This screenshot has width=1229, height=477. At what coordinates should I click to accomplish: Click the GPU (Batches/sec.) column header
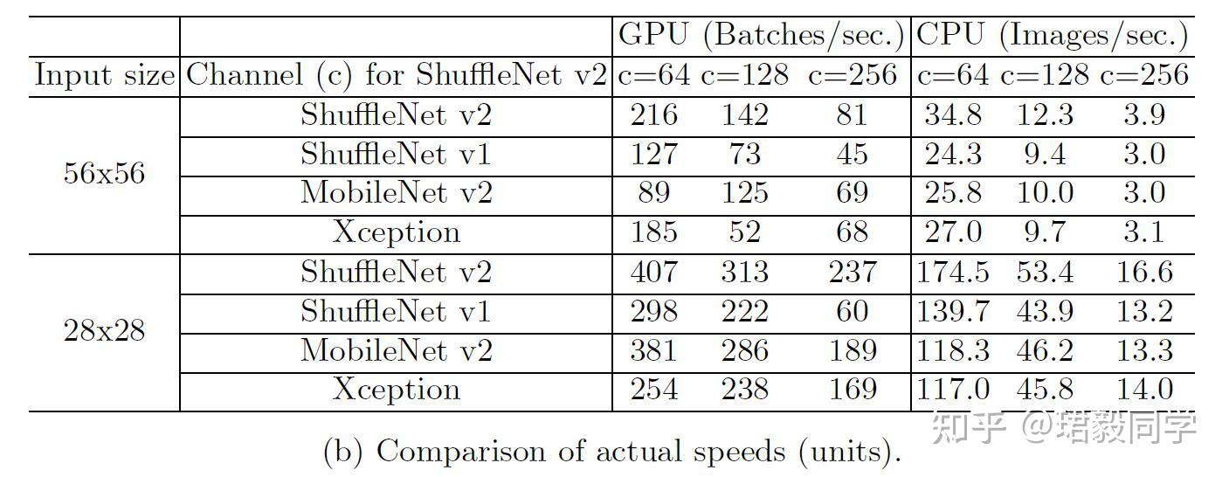coord(761,35)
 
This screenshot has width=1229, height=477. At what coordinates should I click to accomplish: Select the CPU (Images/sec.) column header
coord(1052,35)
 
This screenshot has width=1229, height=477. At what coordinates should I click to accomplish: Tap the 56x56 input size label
coord(104,174)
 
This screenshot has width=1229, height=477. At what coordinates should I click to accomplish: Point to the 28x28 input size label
coord(104,332)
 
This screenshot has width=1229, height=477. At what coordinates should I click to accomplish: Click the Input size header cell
coord(104,75)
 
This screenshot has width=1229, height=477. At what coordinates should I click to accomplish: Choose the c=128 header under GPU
coord(744,75)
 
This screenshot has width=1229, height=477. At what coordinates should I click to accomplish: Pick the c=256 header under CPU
coord(1144,75)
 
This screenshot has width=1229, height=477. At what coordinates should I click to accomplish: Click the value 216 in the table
coord(653,115)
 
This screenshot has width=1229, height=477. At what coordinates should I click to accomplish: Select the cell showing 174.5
coord(953,273)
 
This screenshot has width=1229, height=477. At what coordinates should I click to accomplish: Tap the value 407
coord(653,273)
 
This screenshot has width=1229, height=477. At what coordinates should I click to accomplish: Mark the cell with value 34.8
coord(953,115)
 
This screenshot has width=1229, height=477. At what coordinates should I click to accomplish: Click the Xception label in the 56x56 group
coord(396,232)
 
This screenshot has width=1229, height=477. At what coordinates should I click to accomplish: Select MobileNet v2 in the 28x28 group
coord(396,350)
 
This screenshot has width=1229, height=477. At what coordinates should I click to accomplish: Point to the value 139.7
coord(953,312)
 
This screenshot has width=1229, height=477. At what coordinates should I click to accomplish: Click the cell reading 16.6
coord(1144,273)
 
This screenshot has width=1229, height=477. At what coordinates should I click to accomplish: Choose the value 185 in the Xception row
coord(653,232)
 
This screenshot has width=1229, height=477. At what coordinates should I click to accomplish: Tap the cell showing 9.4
coord(1045,155)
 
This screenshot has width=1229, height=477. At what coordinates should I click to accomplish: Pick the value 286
coord(744,350)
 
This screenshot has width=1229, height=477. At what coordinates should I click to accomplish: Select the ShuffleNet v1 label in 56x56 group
coord(396,155)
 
